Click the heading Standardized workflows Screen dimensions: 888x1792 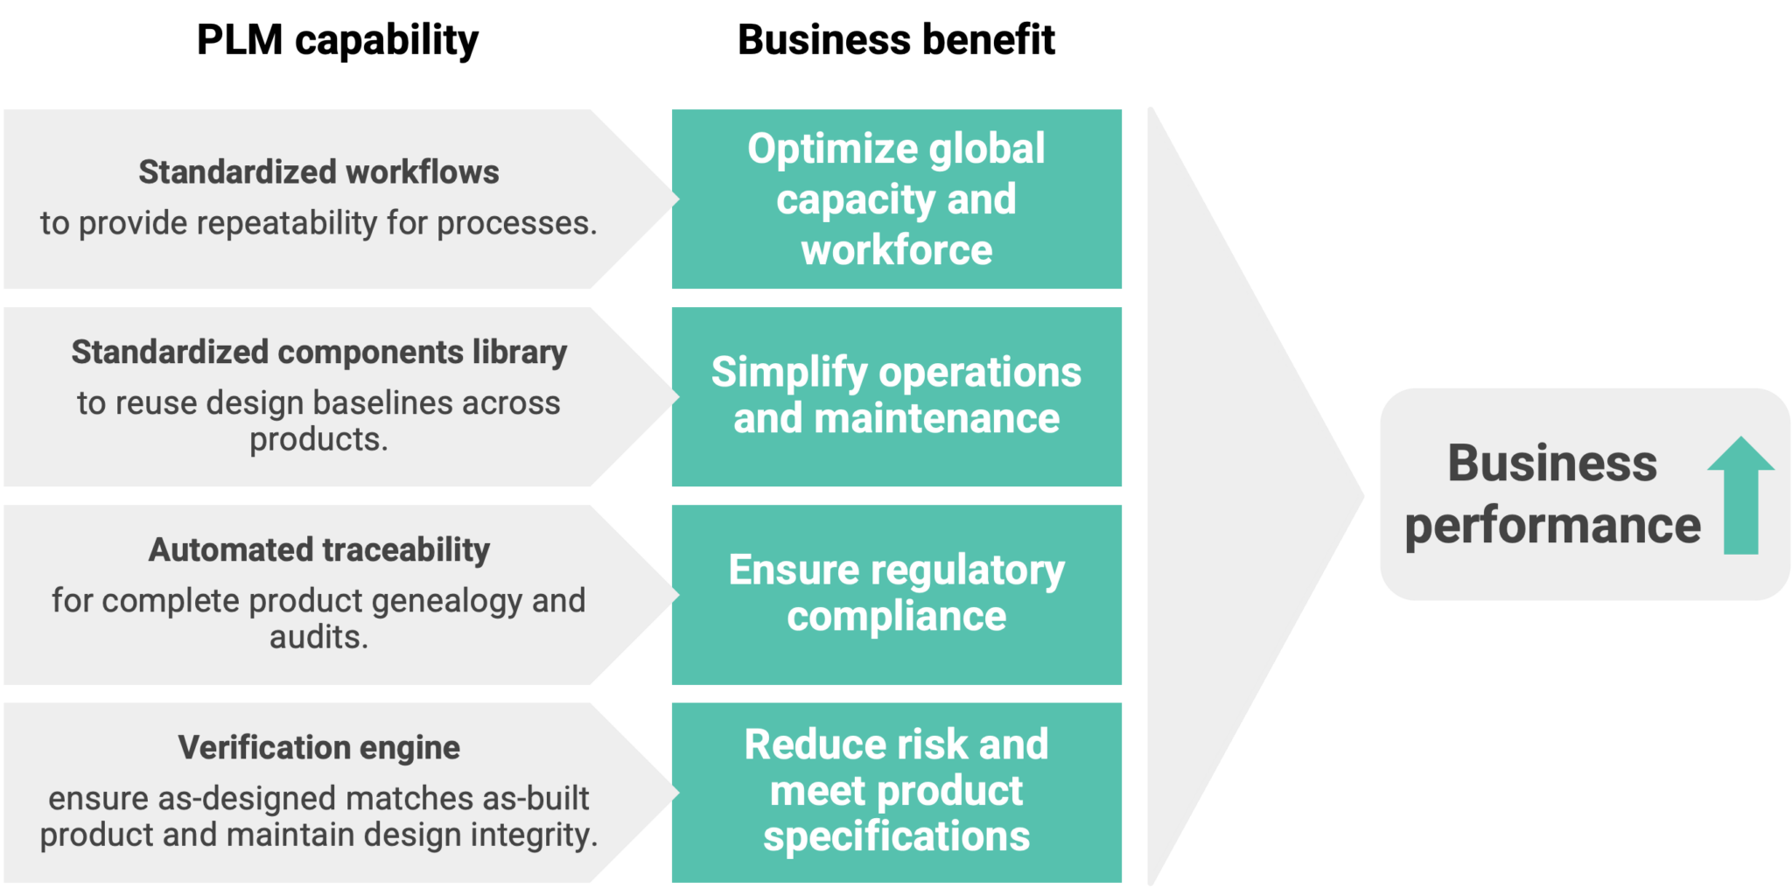pos(318,172)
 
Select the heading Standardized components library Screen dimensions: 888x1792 pos(318,353)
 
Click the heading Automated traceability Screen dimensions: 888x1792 pos(318,550)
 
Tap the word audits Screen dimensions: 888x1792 pos(318,638)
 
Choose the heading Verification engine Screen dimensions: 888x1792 pos(318,748)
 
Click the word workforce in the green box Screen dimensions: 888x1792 pos(897,251)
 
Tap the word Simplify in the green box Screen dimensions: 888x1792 pos(788,373)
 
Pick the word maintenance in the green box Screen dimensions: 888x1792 pos(937,419)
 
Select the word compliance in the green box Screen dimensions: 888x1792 pos(897,617)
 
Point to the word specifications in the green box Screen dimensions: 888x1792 pos(897,836)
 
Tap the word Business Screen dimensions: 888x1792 pos(1552,463)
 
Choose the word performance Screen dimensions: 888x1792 pos(1552,526)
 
